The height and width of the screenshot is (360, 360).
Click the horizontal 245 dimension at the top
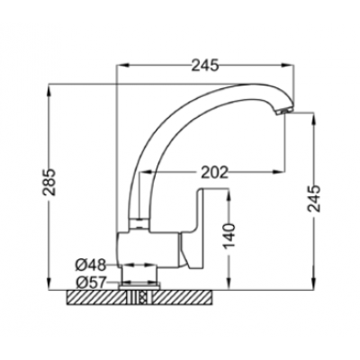pyautogui.click(x=205, y=65)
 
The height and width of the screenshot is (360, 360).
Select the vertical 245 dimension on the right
pyautogui.click(x=314, y=199)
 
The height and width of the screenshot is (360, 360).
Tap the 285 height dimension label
pyautogui.click(x=49, y=183)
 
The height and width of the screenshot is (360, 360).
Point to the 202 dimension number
pyautogui.click(x=214, y=172)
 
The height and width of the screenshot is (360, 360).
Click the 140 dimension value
pyautogui.click(x=229, y=237)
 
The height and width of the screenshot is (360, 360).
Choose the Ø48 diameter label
pyautogui.click(x=91, y=265)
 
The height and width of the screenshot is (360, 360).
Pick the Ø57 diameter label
pyautogui.click(x=91, y=283)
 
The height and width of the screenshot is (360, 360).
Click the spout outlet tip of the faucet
pyautogui.click(x=283, y=112)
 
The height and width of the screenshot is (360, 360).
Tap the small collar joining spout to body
pyautogui.click(x=139, y=224)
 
